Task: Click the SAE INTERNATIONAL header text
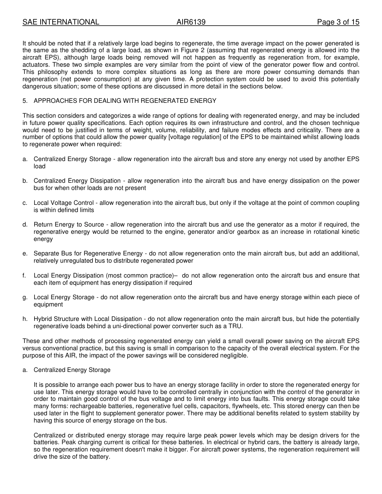click(x=61, y=22)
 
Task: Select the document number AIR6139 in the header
click(x=191, y=22)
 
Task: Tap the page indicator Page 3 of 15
click(x=338, y=22)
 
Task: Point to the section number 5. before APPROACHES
click(x=25, y=101)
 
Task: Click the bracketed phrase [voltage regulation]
click(x=191, y=137)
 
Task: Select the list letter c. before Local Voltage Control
click(x=25, y=203)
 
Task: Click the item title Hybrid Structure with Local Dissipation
click(x=88, y=319)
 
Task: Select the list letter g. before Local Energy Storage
click(x=25, y=297)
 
